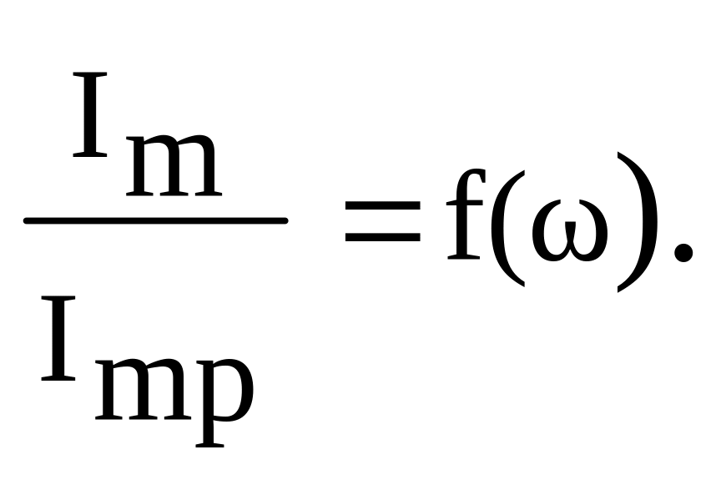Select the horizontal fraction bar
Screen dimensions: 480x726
click(155, 221)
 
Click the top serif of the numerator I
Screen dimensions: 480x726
click(90, 76)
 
